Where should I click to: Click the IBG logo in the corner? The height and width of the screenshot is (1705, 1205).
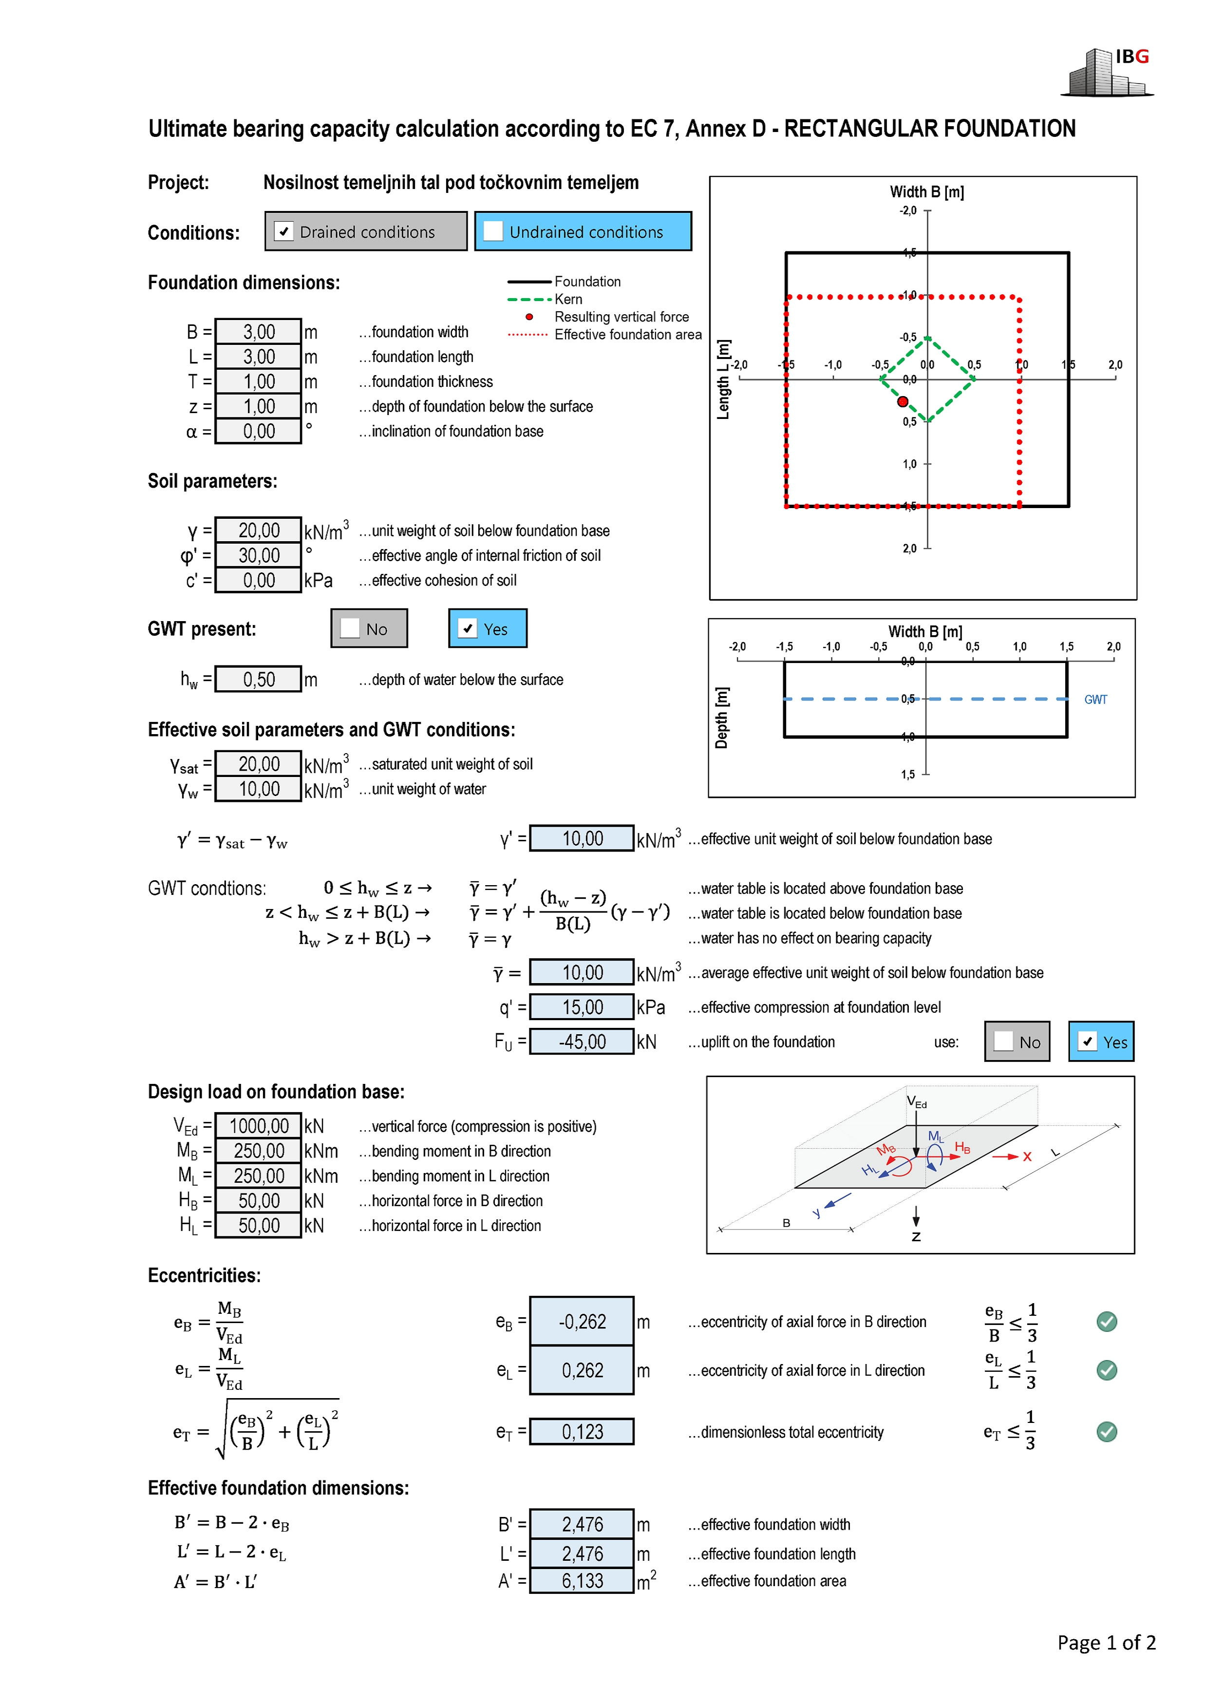coord(1108,73)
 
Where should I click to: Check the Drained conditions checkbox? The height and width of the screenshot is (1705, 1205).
coord(283,232)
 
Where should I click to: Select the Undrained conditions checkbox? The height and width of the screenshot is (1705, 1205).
coord(493,232)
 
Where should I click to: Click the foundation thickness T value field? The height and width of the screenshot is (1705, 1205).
coord(258,382)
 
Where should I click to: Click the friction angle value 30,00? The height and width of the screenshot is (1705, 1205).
coord(258,555)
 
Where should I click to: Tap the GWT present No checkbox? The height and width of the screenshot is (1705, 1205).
coord(350,628)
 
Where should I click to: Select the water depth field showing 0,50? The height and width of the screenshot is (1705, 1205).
coord(258,680)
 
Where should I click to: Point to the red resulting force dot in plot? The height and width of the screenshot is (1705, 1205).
coord(903,402)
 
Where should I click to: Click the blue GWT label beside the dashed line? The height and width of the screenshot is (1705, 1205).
coord(1095,700)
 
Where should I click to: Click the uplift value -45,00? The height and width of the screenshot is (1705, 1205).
coord(582,1042)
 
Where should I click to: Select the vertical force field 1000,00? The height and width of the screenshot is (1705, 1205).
coord(258,1126)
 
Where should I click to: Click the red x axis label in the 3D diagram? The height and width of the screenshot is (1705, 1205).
coord(1027,1157)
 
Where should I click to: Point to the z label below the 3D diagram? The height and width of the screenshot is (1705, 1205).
coord(916,1236)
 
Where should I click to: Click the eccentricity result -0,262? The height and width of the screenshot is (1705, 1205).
coord(582,1322)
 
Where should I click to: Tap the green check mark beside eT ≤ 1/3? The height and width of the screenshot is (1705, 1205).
coord(1106,1432)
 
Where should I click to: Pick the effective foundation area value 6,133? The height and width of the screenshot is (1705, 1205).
coord(582,1581)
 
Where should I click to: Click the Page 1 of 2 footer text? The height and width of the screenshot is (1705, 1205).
coord(1106,1643)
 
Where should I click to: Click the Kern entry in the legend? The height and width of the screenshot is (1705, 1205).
coord(568,299)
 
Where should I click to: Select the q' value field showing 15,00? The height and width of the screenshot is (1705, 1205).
coord(582,1008)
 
